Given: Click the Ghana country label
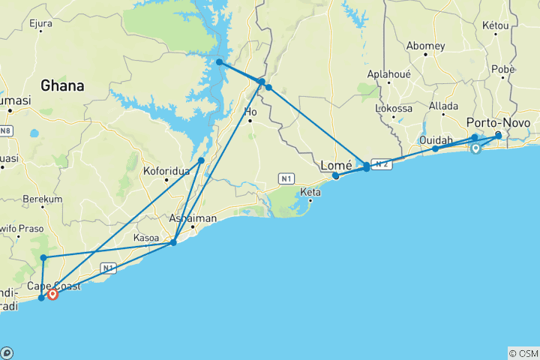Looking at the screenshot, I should pos(62,86).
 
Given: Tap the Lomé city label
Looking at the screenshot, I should pos(336,166).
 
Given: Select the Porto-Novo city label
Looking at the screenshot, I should pos(498,123).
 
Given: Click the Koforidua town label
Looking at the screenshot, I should pos(166,171).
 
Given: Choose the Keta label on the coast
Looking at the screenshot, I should pos(310,193).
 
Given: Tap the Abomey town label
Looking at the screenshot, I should pos(425,46).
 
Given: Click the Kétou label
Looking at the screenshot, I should pos(495,25).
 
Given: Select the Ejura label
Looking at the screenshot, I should pos(40,24).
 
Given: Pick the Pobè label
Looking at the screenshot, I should pos(502,69).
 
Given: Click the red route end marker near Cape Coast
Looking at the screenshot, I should pos(53,295).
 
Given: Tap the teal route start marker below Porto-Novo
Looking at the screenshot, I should pos(475,148).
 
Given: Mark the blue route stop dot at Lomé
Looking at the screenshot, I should pos(336,176).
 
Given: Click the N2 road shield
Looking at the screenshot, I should pos(381,165).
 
